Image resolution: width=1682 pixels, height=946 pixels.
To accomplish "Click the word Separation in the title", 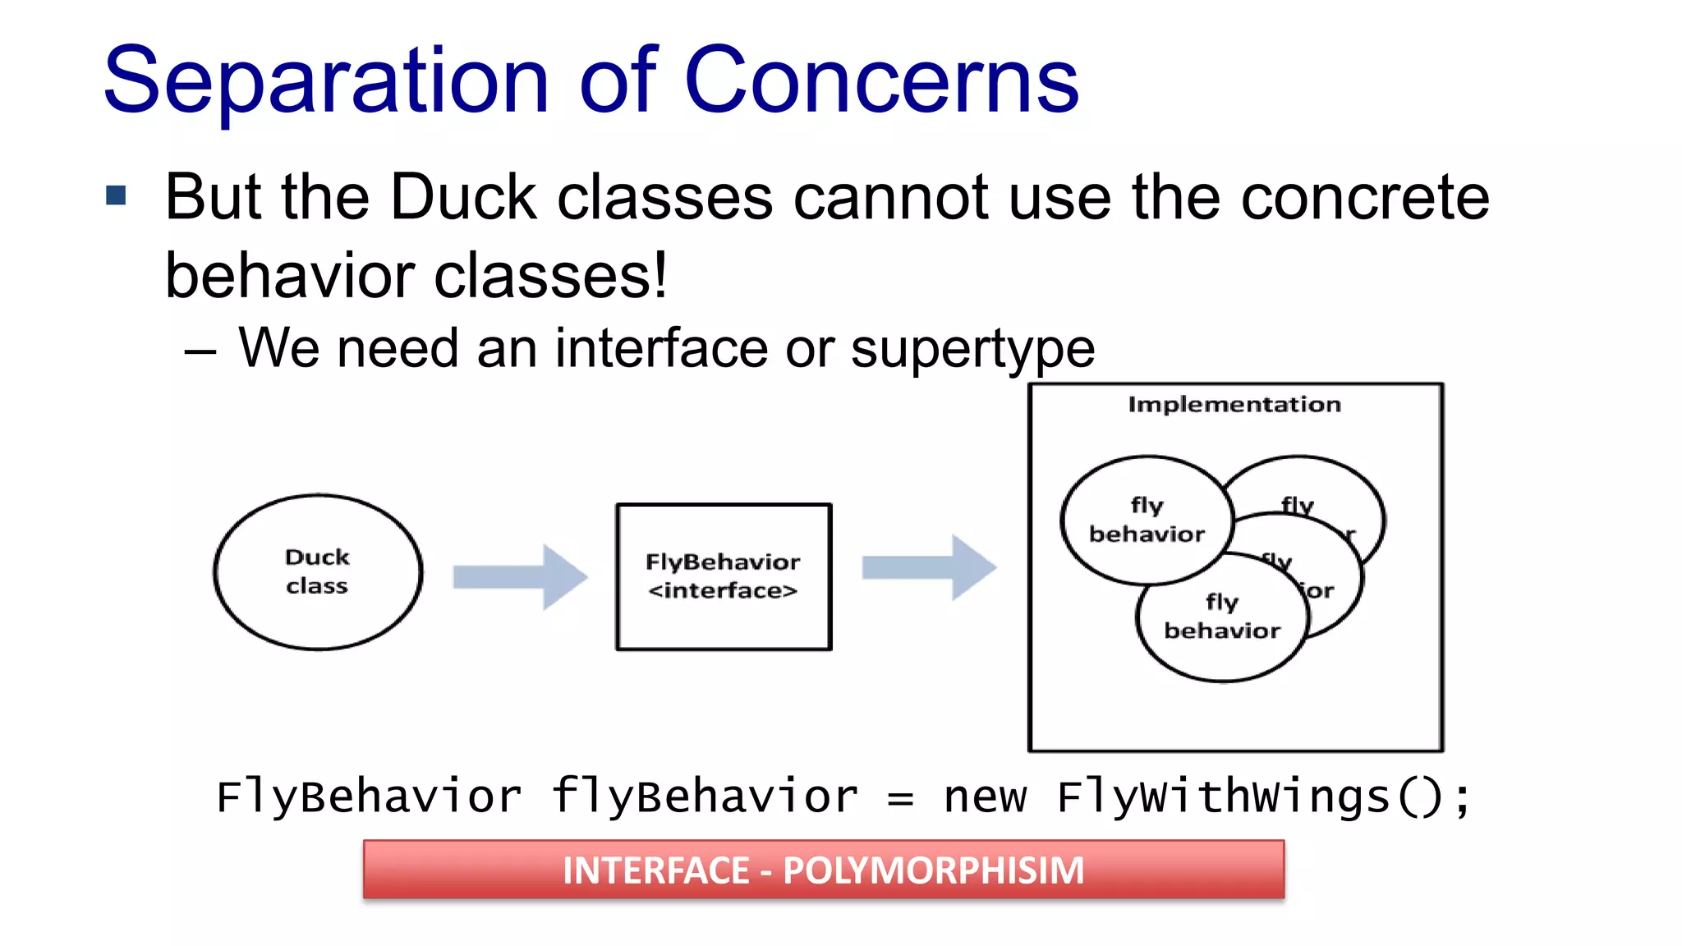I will coord(325,82).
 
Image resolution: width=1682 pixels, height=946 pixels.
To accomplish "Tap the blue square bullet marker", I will coord(116,195).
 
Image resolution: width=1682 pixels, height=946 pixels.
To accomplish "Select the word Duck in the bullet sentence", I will coord(463,198).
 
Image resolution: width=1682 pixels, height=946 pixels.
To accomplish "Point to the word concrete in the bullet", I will coord(1364,198).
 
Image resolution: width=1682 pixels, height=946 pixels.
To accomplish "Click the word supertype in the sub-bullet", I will coord(972,349).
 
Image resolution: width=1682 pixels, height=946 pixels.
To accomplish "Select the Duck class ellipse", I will coord(318,572).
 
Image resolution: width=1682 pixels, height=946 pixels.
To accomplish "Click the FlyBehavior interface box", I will coord(723,576).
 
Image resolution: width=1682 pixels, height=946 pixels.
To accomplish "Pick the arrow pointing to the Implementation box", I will coord(929,567).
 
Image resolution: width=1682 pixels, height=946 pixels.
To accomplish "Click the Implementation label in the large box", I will coord(1234,405).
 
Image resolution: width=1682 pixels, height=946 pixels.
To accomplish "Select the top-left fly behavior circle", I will coord(1147,520).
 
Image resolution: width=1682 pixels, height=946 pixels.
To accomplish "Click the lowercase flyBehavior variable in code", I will coord(705,797).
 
